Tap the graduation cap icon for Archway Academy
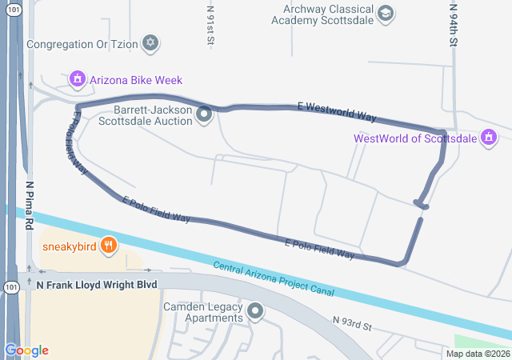coord(386,13)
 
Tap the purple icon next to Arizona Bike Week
coord(78,79)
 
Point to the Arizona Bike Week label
coord(136,80)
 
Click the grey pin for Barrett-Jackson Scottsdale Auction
coord(205,115)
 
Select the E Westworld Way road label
coord(336,111)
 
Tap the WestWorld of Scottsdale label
coord(414,138)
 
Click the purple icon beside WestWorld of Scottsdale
coord(486,138)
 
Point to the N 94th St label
coord(452,24)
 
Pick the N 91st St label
coord(210,24)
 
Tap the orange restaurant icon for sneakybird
coord(109,246)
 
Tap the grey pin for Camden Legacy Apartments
coord(255,310)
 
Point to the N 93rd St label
coord(353,323)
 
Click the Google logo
coord(26,350)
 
